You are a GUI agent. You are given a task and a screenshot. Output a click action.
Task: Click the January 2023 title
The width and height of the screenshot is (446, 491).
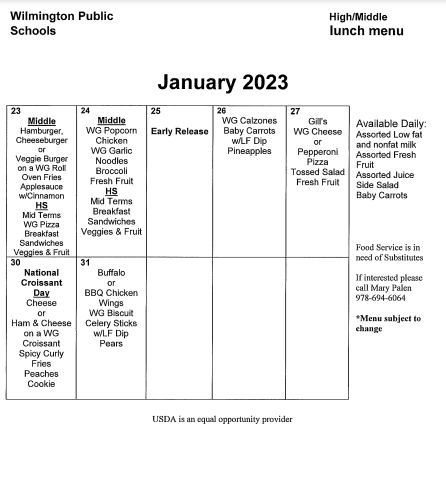pos(223,82)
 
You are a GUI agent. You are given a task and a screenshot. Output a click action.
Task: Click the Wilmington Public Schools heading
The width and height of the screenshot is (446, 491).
pos(61,23)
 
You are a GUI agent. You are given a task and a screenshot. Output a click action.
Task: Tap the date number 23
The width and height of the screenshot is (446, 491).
pos(14,110)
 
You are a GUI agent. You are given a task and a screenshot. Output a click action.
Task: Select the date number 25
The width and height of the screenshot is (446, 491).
pos(154,110)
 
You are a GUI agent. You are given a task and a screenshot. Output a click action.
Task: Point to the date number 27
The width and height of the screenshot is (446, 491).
pos(294,110)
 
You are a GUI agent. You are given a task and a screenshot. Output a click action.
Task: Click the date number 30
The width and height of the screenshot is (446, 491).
pos(14,262)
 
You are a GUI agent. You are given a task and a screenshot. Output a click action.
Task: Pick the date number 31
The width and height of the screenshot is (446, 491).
pos(84,262)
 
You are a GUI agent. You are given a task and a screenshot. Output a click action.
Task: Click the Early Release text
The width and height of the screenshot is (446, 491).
pos(180,131)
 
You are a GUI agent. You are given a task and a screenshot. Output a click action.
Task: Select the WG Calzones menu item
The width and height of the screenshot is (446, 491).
pos(249,121)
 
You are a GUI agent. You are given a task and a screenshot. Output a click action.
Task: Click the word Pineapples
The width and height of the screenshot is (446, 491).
pos(249,151)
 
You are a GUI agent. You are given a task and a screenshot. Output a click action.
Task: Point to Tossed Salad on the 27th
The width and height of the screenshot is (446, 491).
pos(318,172)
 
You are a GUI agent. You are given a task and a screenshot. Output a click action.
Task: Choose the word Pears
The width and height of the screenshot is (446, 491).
pos(111,342)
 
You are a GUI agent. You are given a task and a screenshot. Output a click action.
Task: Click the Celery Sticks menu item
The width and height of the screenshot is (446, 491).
pos(111,322)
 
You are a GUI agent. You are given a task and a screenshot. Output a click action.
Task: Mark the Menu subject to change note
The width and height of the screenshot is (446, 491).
pos(389,323)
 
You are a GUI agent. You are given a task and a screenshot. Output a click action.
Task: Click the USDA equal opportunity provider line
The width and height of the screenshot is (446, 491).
pos(222,419)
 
